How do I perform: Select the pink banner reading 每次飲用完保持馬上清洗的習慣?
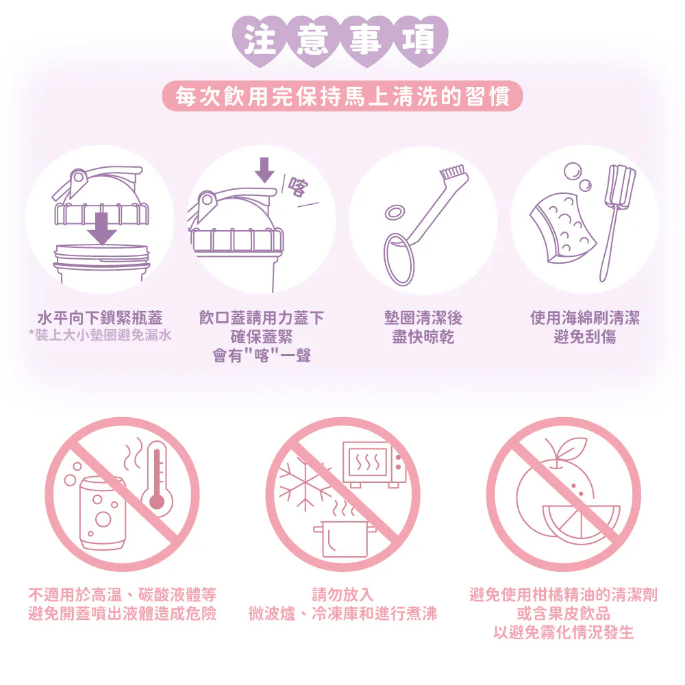(x=342, y=97)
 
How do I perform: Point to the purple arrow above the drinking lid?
(x=264, y=169)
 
